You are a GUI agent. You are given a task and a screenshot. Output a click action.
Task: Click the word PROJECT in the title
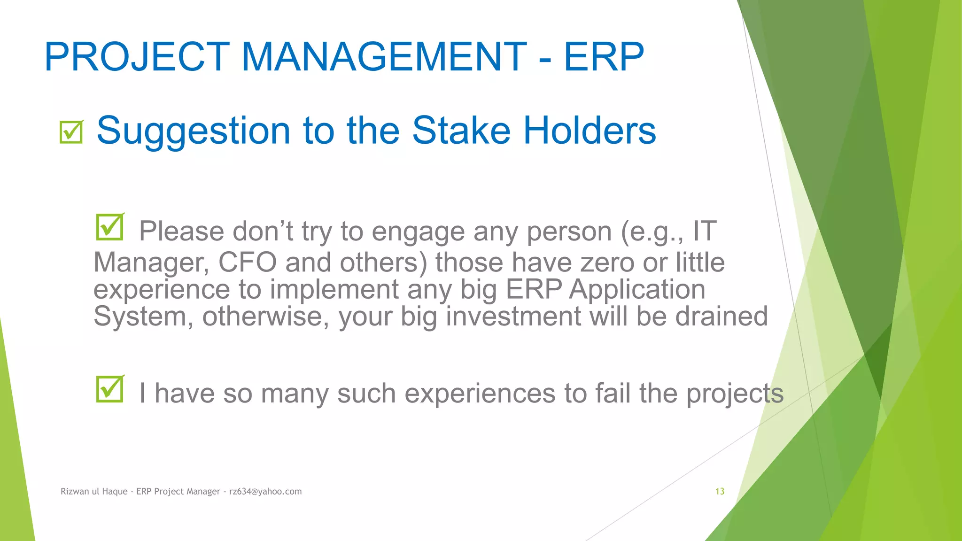(x=137, y=57)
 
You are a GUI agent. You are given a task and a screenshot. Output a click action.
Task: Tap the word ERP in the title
(x=604, y=57)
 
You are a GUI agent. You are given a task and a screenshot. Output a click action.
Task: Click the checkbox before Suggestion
(x=71, y=132)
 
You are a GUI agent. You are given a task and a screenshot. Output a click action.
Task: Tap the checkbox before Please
(x=110, y=227)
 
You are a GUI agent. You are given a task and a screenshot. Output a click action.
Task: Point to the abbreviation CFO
(x=248, y=262)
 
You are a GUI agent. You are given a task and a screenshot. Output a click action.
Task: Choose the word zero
(x=607, y=262)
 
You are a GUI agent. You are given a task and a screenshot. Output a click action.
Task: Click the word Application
(x=637, y=290)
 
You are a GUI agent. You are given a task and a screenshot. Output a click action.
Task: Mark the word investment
(x=513, y=316)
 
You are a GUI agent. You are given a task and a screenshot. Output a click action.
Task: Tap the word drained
(x=721, y=316)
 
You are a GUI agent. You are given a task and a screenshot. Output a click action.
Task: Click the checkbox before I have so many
(x=110, y=389)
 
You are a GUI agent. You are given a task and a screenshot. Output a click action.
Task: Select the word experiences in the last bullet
(x=480, y=393)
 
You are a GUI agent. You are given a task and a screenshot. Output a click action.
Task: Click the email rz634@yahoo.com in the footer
(x=265, y=491)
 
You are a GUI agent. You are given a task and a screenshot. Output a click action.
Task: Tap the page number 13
(x=720, y=491)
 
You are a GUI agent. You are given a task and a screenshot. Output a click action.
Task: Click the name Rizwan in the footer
(x=75, y=491)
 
